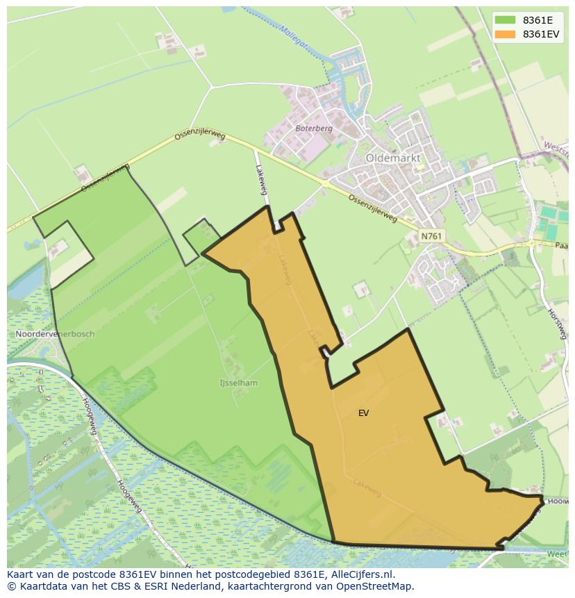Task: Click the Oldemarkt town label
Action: tap(393, 158)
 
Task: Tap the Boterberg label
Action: tap(314, 128)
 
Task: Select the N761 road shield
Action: tap(431, 236)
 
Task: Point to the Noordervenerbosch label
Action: tap(55, 334)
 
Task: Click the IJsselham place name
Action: tap(238, 383)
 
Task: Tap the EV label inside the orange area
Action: tap(363, 413)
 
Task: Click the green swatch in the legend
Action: tap(506, 19)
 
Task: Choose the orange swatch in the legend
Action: tap(506, 34)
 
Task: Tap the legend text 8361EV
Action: tap(541, 34)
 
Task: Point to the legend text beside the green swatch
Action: tap(538, 19)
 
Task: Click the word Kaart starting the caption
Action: tap(21, 574)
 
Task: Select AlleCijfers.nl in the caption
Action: tap(361, 574)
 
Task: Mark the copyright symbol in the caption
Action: tap(11, 586)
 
